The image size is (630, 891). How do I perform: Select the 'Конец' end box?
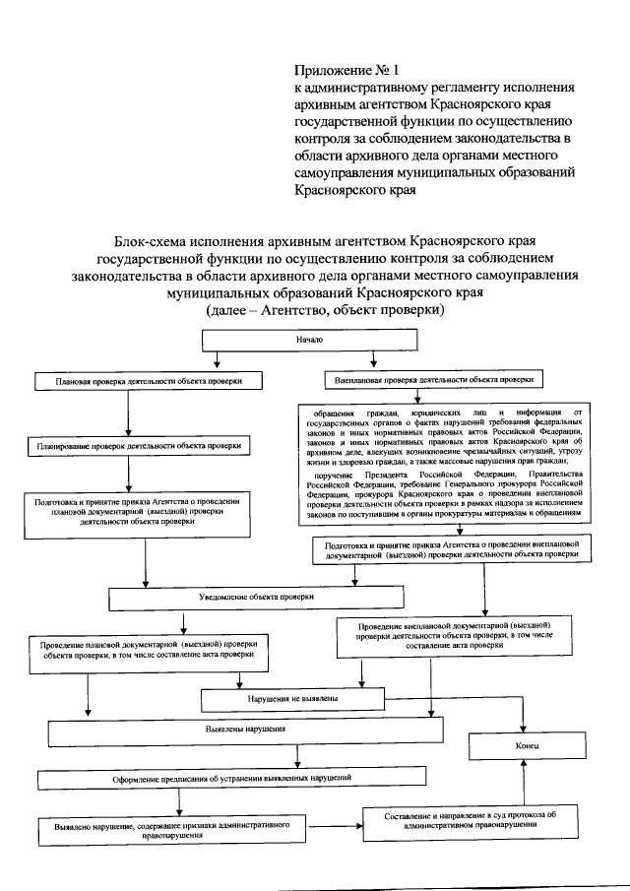coord(523,747)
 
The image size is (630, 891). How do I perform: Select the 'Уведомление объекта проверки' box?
coord(256,598)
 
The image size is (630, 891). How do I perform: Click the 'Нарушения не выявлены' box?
coord(294,698)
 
